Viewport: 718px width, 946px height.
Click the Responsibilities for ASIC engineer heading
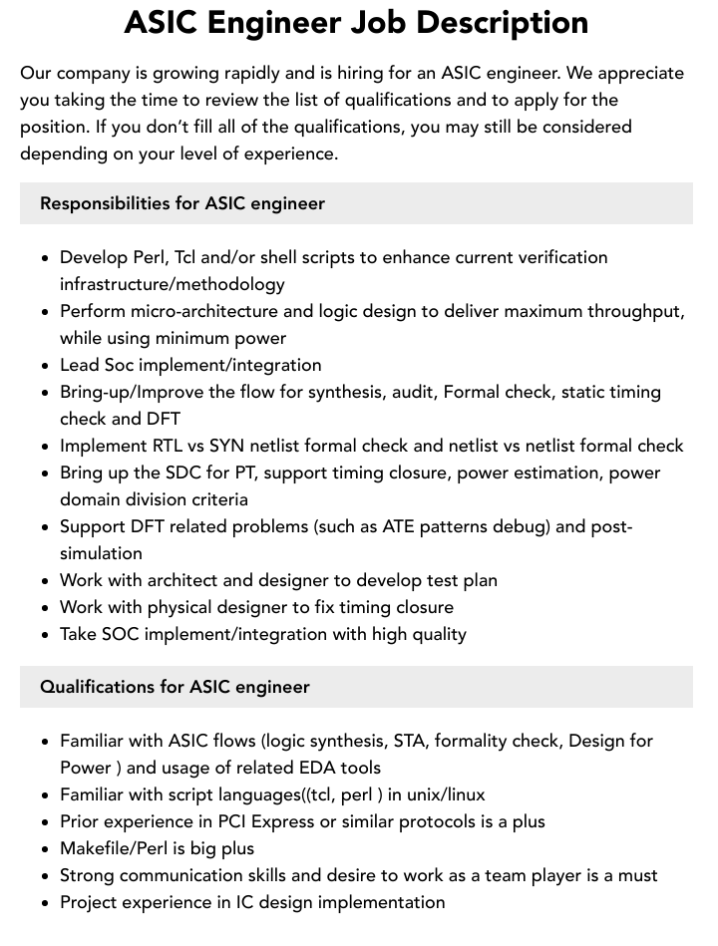tap(182, 203)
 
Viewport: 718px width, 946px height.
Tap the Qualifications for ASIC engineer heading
tap(175, 687)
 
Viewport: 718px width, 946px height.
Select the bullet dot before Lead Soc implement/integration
tap(46, 366)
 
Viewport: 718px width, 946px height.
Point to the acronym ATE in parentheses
tap(398, 526)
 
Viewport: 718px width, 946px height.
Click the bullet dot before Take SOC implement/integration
tap(46, 635)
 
